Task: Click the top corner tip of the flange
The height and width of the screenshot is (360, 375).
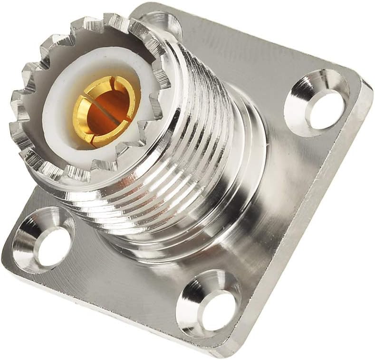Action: (x=143, y=6)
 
